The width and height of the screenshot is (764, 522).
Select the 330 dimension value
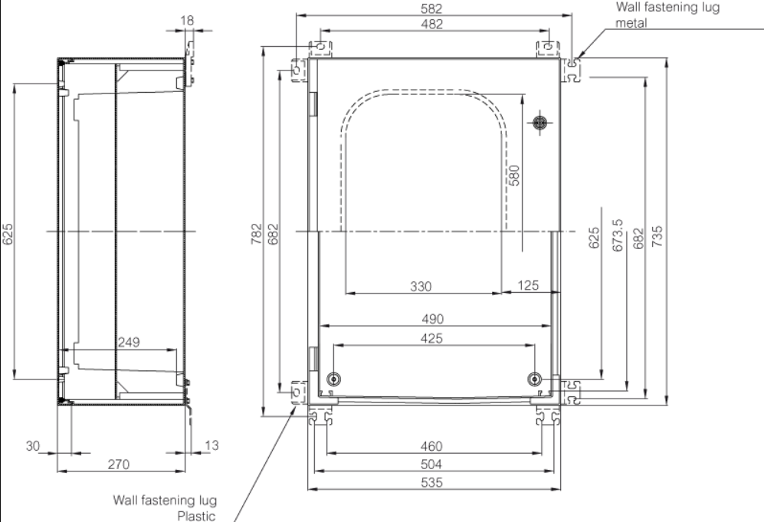(x=421, y=286)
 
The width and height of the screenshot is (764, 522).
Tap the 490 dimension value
(x=434, y=318)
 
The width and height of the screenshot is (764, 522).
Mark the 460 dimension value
(x=434, y=446)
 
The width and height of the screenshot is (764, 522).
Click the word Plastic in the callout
(x=197, y=515)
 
